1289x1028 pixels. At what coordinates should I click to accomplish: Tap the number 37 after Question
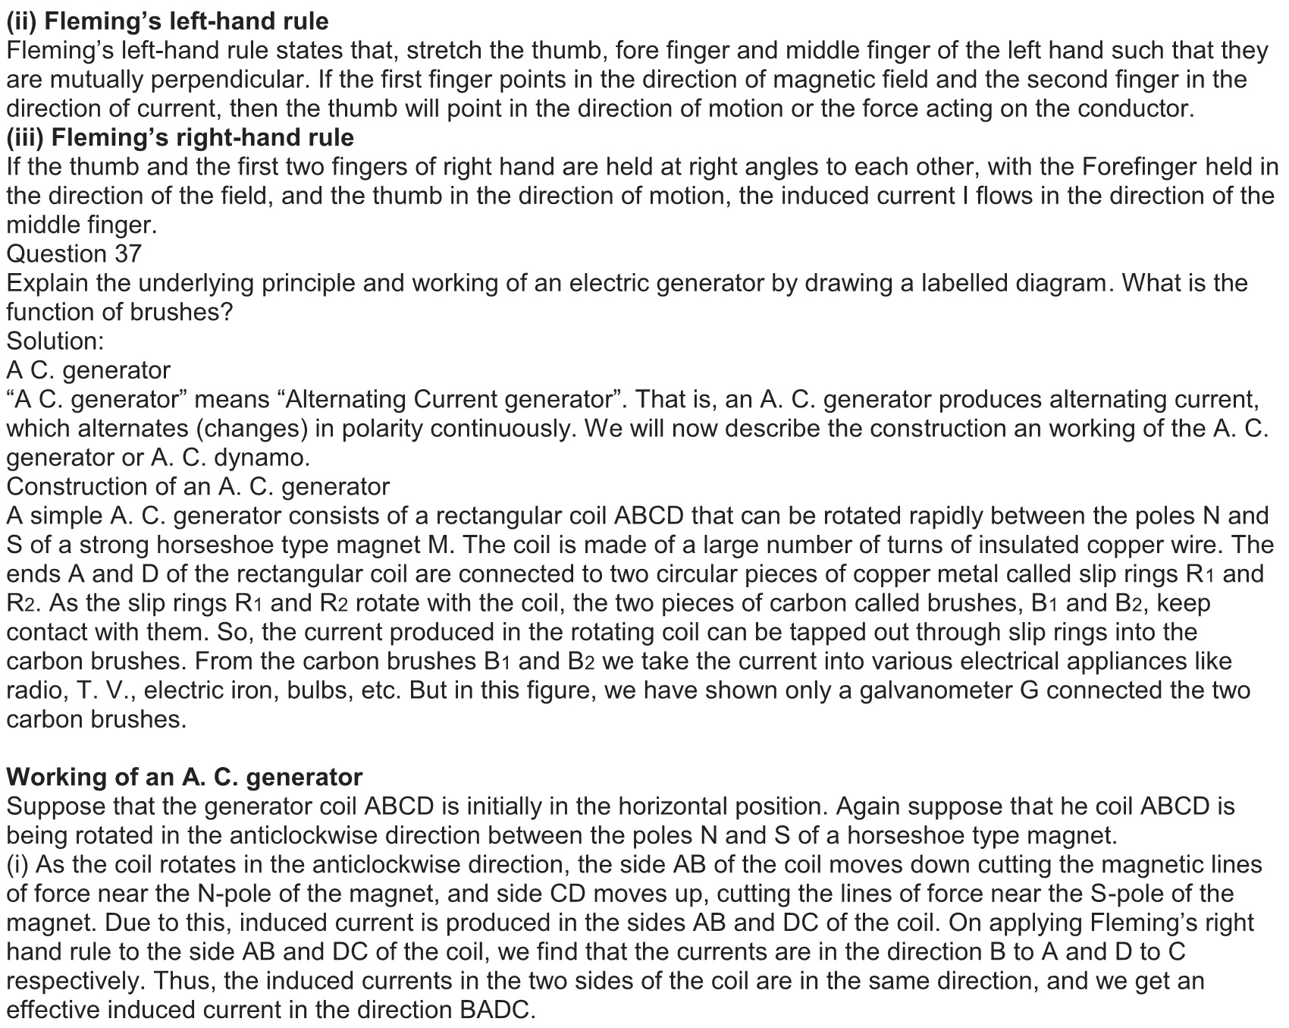tap(128, 253)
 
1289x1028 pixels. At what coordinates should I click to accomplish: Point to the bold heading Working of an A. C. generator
tap(184, 777)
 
